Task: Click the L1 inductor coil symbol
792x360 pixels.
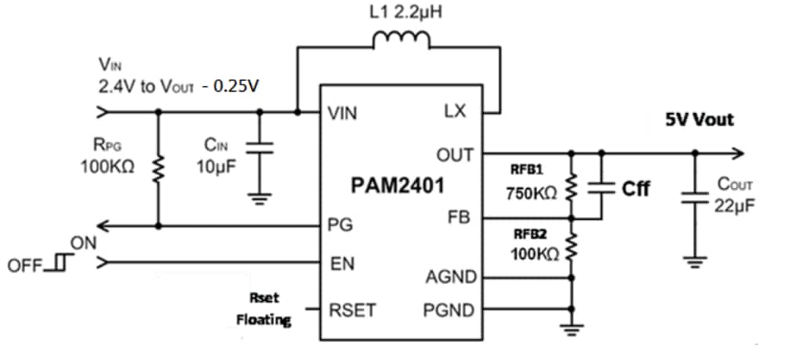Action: (x=401, y=40)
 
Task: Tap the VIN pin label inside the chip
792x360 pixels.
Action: (x=343, y=115)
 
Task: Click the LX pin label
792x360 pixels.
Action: (x=455, y=112)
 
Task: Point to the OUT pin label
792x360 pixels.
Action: (x=454, y=155)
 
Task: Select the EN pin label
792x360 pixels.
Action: (x=341, y=264)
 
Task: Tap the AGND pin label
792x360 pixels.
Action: (x=449, y=277)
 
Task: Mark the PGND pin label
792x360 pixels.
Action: (x=449, y=311)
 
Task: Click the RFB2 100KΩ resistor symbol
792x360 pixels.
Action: (x=572, y=249)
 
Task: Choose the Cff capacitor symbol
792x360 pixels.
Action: (x=601, y=187)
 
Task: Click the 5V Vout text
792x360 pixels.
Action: (x=700, y=120)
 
